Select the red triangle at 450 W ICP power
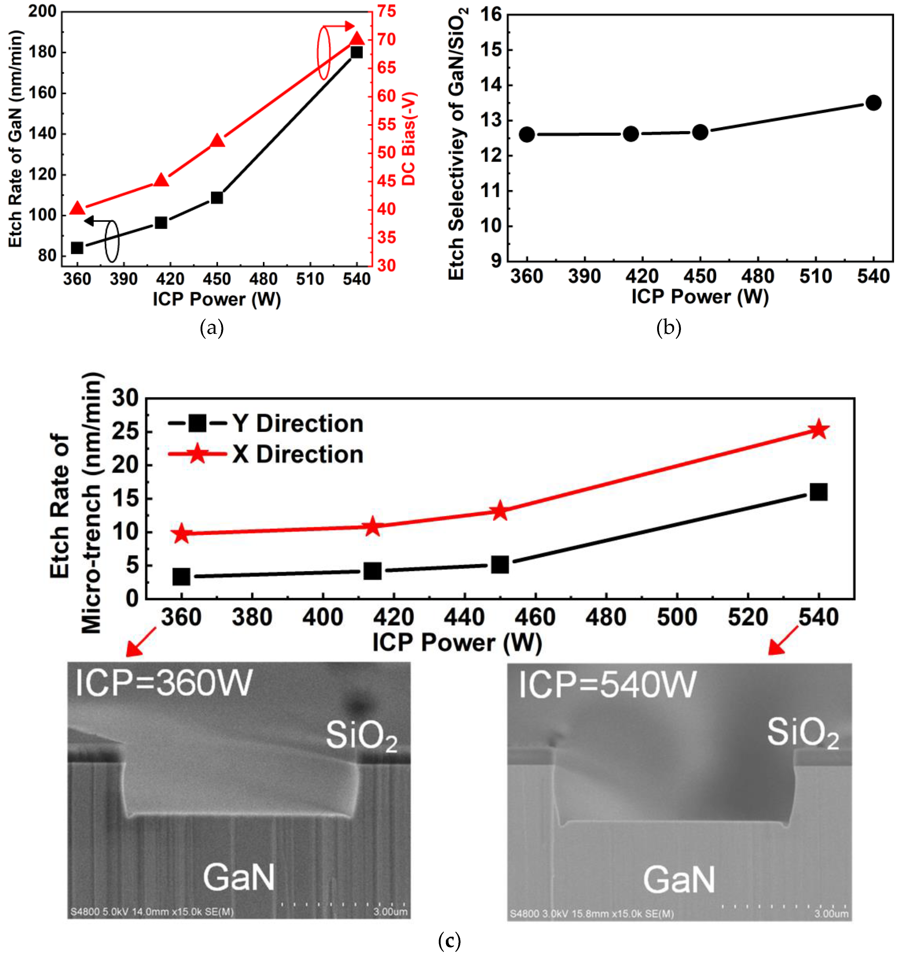click(x=217, y=141)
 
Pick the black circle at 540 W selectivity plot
click(x=873, y=102)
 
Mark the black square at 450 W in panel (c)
click(x=500, y=564)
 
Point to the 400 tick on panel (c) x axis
click(x=323, y=617)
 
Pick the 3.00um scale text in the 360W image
click(x=390, y=912)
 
